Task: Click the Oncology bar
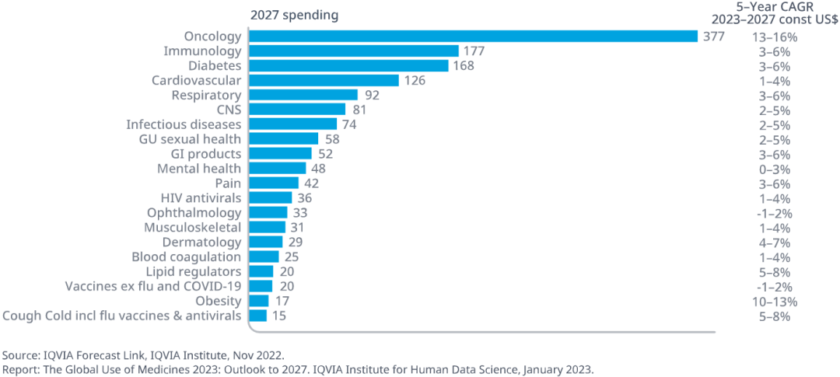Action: pos(473,36)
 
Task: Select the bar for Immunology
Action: pos(353,51)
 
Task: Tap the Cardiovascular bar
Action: pos(324,80)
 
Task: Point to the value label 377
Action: pos(714,36)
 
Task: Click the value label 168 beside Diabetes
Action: pos(464,65)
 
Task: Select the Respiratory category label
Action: pos(206,95)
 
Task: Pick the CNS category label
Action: pos(229,110)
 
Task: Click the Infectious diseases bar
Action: pos(292,124)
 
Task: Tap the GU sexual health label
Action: pos(190,139)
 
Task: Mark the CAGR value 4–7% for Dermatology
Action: pos(774,243)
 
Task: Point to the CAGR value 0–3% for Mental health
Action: pos(774,169)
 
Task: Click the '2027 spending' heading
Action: pos(294,16)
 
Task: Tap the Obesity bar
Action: pos(258,301)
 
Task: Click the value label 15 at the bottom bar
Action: pos(278,316)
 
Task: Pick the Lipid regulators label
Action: pos(194,271)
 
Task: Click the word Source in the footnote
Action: pos(20,354)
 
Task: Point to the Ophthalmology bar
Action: pos(268,212)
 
